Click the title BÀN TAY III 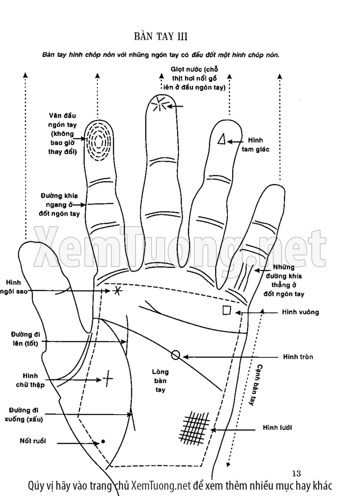pyautogui.click(x=161, y=36)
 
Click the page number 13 pyautogui.click(x=296, y=473)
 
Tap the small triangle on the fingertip pyautogui.click(x=221, y=139)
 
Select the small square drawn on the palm pyautogui.click(x=227, y=310)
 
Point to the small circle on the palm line pyautogui.click(x=176, y=355)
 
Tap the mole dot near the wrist pyautogui.click(x=102, y=441)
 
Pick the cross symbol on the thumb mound pyautogui.click(x=108, y=378)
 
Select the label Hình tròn pyautogui.click(x=298, y=357)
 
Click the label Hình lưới pyautogui.click(x=277, y=428)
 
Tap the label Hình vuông pyautogui.click(x=300, y=312)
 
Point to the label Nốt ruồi pyautogui.click(x=33, y=441)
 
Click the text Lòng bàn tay pyautogui.click(x=160, y=380)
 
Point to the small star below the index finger pyautogui.click(x=117, y=291)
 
